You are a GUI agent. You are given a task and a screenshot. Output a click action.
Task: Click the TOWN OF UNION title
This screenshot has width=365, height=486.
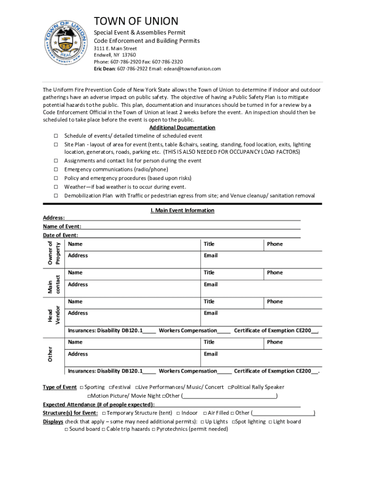coord(136,21)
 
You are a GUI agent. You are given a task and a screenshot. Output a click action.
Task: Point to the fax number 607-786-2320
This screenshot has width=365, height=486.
coord(167,62)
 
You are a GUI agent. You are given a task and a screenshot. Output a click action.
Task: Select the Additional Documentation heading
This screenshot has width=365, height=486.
coord(182,128)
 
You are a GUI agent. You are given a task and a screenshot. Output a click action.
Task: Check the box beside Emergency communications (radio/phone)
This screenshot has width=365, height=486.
coord(55,169)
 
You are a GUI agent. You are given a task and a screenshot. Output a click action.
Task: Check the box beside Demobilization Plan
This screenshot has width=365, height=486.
coord(55,196)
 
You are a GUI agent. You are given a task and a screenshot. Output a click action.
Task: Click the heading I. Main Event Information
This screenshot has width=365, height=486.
coord(182,210)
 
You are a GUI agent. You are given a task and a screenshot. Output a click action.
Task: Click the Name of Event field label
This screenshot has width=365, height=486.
coord(62,226)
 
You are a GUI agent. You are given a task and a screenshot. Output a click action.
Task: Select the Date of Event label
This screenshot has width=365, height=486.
coord(60,235)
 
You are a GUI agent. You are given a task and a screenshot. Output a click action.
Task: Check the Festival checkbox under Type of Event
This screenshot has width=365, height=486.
coord(110,387)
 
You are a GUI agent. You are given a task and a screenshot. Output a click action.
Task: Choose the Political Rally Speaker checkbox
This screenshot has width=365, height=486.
coord(229,387)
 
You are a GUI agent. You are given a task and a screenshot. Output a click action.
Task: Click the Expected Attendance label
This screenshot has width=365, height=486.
coord(98,404)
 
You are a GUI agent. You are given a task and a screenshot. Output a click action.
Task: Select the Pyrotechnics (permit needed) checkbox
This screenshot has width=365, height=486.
coord(154,429)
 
